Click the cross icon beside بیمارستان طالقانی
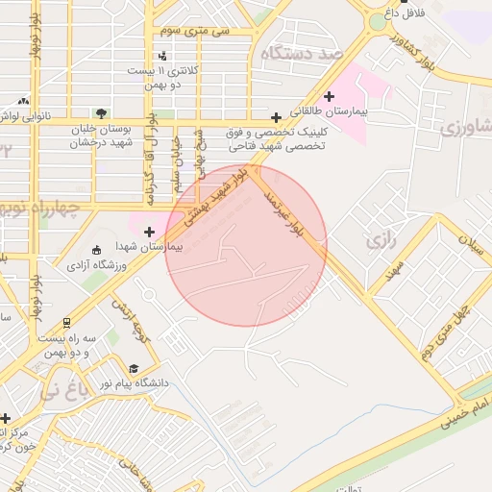(x=330, y=95)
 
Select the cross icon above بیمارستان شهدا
(x=149, y=231)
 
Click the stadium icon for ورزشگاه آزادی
(x=94, y=250)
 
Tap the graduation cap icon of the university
(x=134, y=368)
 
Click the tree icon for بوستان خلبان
(x=101, y=112)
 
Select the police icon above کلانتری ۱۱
(x=162, y=56)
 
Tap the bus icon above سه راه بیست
(x=66, y=324)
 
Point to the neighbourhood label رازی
(x=381, y=239)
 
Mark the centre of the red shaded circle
(x=246, y=246)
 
